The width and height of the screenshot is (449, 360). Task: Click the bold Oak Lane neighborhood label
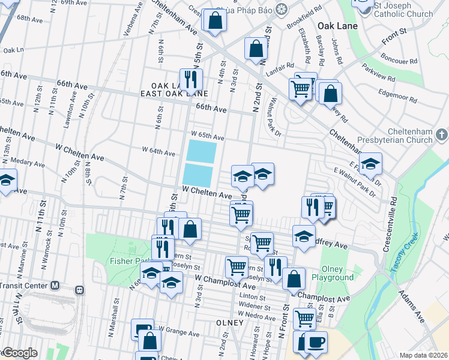point(337,26)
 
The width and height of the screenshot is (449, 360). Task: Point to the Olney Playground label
point(332,274)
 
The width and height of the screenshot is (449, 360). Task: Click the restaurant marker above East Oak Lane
point(191,79)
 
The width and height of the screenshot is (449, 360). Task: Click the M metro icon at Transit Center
point(55,286)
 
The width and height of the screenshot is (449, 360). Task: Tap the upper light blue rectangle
point(201,151)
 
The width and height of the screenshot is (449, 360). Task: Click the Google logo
point(19,353)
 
